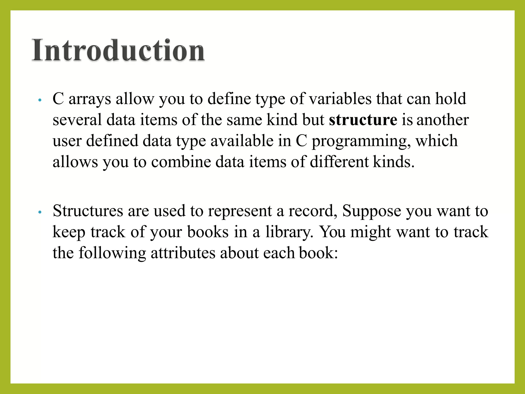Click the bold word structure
tap(363, 120)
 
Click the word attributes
tap(183, 253)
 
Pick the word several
tap(77, 120)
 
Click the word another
tap(443, 120)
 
